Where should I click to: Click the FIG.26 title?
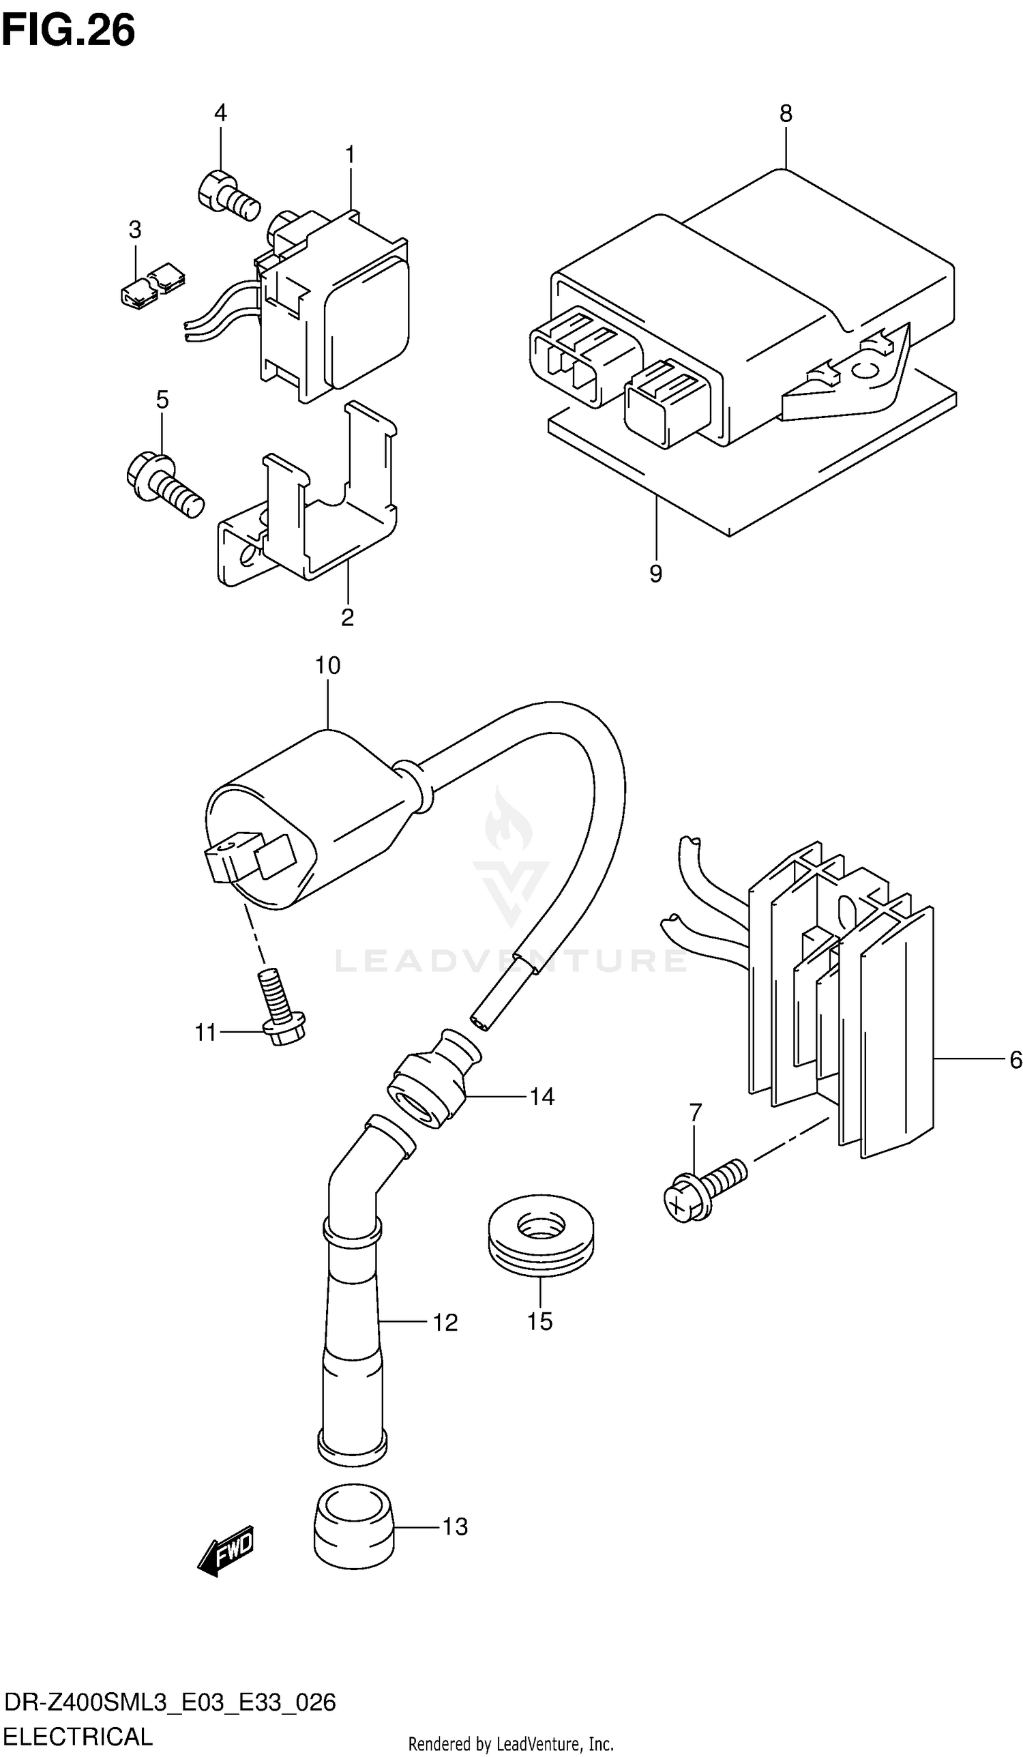pyautogui.click(x=68, y=31)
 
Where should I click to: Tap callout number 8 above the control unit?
pyautogui.click(x=786, y=114)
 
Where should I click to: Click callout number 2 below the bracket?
pyautogui.click(x=347, y=617)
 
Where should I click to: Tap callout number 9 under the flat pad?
pyautogui.click(x=655, y=573)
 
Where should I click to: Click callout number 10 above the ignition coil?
pyautogui.click(x=327, y=665)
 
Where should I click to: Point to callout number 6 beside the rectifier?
pyautogui.click(x=1015, y=1060)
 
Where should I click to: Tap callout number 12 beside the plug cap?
pyautogui.click(x=445, y=1322)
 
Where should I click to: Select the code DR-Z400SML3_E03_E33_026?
pyautogui.click(x=169, y=1702)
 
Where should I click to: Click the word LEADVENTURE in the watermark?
pyautogui.click(x=510, y=960)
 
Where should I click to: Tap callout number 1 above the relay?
pyautogui.click(x=350, y=155)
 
